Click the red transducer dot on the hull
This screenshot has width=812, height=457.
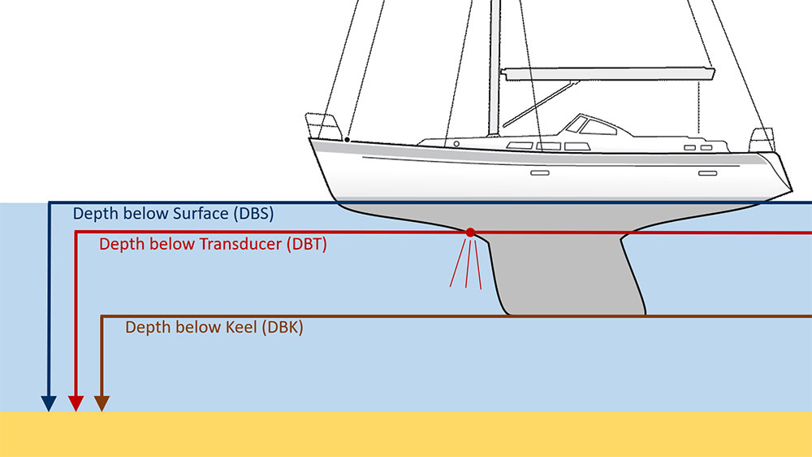pyautogui.click(x=470, y=233)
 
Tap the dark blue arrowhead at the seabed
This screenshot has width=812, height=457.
pyautogui.click(x=49, y=403)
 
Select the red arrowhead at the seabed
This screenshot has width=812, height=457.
pyautogui.click(x=75, y=403)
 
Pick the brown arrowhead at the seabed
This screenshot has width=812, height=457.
pyautogui.click(x=101, y=403)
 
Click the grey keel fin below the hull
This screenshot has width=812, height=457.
pyautogui.click(x=568, y=276)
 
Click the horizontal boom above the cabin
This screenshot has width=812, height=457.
pyautogui.click(x=609, y=74)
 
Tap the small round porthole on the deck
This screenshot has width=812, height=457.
pyautogui.click(x=456, y=143)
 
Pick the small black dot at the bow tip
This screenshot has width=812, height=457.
pyautogui.click(x=347, y=140)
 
